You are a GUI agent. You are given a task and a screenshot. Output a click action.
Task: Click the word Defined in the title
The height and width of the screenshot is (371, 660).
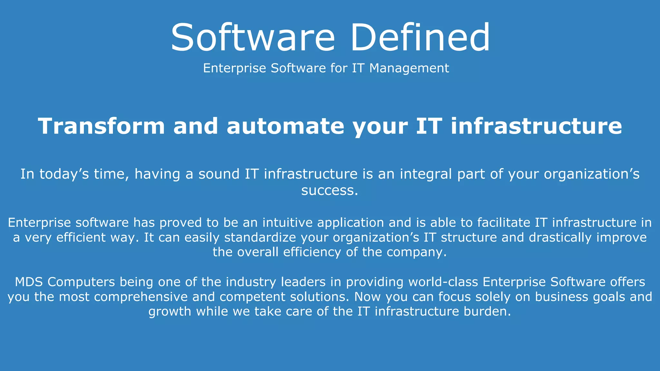[420, 37]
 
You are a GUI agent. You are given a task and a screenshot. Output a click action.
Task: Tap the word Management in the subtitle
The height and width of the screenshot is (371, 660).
[409, 68]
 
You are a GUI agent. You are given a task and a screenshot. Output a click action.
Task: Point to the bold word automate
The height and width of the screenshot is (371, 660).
[285, 126]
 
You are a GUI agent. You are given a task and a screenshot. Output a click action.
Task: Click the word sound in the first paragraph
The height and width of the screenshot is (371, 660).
[219, 174]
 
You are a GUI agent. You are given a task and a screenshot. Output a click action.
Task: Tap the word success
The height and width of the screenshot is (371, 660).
[329, 190]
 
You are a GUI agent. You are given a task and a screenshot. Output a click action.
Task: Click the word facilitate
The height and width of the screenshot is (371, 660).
[503, 223]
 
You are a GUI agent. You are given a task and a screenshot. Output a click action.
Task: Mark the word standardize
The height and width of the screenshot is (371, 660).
[260, 237]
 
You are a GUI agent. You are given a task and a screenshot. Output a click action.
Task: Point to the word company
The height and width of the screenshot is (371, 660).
[416, 252]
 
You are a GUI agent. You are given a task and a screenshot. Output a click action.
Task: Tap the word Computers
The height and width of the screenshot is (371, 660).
[81, 282]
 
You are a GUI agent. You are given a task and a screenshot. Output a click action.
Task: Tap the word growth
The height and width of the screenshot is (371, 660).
[170, 311]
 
